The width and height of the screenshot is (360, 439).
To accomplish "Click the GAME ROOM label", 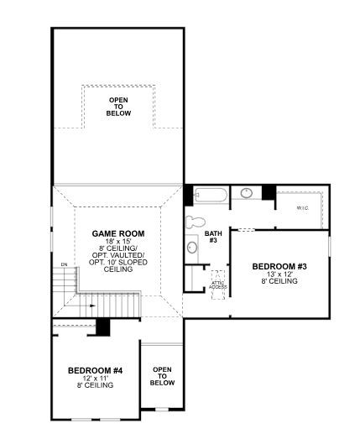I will pos(118,234).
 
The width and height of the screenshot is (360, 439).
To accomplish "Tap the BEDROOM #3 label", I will pos(279,266).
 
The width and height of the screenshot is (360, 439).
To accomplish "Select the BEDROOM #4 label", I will pos(95,369).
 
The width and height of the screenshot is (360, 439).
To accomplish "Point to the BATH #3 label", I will pos(213,236).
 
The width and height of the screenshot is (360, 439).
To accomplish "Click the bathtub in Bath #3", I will pos(210,196).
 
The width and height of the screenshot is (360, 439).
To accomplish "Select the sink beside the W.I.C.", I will pos(248,194).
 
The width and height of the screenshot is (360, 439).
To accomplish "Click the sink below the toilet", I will pos(192,247).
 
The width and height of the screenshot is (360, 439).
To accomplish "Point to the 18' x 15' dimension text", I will pos(118,242).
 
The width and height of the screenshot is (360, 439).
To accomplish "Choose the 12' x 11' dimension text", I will pos(95,378).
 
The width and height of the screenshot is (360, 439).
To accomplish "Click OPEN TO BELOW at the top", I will pos(118,107).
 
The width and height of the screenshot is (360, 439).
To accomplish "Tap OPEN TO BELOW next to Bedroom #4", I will pos(163,376).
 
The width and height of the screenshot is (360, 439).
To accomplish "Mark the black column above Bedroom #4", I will pos(103,327).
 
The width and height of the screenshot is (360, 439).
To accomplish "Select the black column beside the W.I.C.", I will pos(269,191).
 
